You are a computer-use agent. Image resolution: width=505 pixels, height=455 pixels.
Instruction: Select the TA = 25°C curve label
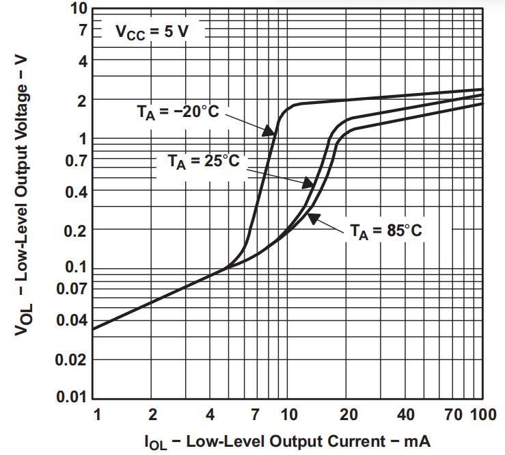point(203,161)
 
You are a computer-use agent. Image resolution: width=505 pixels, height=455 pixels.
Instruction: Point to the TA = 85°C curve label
point(386,230)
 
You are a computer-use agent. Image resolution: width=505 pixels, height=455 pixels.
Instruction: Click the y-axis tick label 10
point(79,9)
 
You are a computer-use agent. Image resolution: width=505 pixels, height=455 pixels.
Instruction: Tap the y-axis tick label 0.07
point(70,289)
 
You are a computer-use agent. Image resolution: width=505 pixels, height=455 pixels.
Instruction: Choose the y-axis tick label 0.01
point(70,398)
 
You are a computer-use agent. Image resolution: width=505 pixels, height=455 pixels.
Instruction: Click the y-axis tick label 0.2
point(74,230)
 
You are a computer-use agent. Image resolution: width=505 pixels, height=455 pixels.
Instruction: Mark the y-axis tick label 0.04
point(70,320)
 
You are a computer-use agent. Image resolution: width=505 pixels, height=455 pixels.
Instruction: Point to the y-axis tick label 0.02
point(70,359)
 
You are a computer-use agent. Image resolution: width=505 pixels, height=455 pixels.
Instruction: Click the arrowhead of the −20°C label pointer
point(273,133)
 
